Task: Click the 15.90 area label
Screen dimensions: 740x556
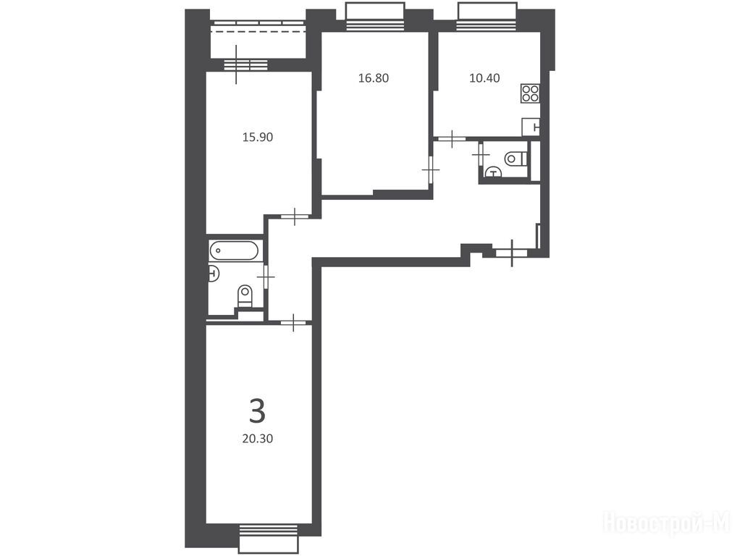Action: click(x=258, y=138)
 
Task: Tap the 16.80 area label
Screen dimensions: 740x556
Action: click(x=374, y=78)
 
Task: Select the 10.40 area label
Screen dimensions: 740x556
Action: click(x=484, y=78)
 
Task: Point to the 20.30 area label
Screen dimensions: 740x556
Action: click(x=258, y=439)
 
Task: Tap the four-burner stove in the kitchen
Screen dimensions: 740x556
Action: click(x=531, y=93)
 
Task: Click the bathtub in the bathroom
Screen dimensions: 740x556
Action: click(x=234, y=250)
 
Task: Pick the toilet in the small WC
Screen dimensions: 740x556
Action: click(x=516, y=158)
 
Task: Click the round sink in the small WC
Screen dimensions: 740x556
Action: click(x=494, y=173)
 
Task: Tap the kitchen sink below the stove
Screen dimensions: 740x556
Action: click(x=531, y=127)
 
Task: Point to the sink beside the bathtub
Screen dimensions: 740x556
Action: click(x=214, y=273)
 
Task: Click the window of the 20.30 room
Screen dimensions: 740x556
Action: click(x=269, y=538)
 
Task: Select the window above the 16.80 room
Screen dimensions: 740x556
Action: click(x=375, y=17)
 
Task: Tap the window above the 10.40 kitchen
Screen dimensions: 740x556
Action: click(x=487, y=17)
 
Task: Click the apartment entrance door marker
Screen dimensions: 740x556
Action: click(x=512, y=253)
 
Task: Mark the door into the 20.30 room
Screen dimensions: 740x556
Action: click(x=293, y=323)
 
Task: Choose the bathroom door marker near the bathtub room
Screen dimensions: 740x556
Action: click(x=266, y=276)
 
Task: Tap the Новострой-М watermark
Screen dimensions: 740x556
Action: click(x=667, y=523)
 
